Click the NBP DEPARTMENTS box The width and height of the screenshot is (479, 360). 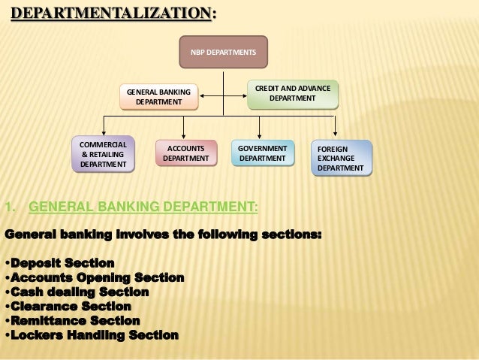(x=221, y=52)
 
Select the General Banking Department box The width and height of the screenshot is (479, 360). (x=158, y=97)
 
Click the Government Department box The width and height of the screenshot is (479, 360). (x=262, y=153)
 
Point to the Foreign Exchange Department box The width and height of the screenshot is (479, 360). (x=342, y=158)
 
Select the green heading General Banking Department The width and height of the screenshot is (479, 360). (x=143, y=207)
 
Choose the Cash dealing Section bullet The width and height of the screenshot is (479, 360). (x=78, y=292)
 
